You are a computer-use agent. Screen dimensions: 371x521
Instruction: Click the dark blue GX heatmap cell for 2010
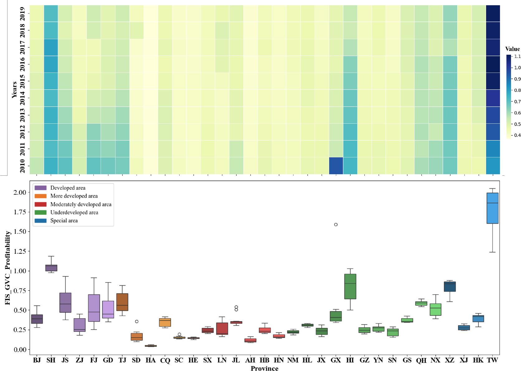336,165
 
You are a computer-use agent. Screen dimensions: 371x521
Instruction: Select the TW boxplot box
492,208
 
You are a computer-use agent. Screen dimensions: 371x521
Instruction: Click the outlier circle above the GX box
336,224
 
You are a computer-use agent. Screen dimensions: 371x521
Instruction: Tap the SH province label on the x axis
51,360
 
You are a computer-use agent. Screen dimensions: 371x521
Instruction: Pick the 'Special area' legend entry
64,221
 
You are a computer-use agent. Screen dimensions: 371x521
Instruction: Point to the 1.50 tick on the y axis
19,231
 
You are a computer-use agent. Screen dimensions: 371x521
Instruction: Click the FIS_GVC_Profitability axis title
8,268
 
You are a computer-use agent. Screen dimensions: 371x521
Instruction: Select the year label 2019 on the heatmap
22,13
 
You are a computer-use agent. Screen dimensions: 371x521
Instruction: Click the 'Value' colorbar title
512,49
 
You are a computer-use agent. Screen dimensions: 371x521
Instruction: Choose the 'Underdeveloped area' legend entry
74,212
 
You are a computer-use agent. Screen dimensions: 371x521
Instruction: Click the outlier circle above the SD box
136,321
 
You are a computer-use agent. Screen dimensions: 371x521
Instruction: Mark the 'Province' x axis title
264,368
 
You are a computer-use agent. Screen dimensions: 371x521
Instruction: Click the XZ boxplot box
449,287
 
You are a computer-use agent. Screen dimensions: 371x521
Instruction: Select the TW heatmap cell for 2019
493,13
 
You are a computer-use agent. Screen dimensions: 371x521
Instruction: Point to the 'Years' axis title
14,90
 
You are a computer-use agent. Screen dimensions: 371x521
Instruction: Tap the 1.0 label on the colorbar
517,68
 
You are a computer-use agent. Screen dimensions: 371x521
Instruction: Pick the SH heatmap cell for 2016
51,64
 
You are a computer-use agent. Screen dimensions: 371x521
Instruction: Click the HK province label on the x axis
478,360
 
